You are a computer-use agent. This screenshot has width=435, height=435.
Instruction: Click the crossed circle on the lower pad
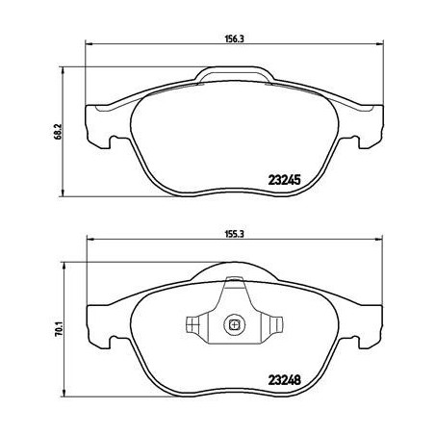(234, 324)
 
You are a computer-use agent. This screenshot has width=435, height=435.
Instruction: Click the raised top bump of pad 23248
(234, 272)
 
